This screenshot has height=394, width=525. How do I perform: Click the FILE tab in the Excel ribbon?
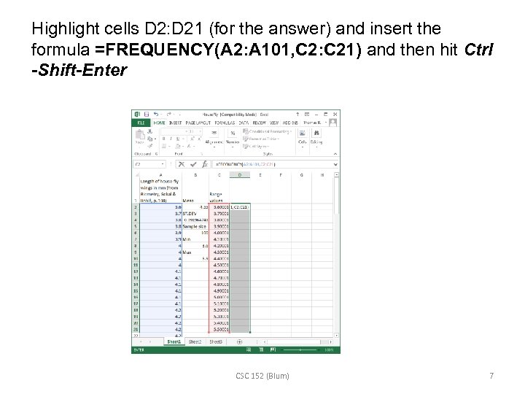click(140, 123)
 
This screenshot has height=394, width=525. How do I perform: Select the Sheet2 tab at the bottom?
click(195, 341)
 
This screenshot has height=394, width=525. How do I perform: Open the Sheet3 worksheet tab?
click(216, 341)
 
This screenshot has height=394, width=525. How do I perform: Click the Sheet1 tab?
click(174, 341)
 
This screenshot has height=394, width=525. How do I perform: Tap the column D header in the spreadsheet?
click(241, 175)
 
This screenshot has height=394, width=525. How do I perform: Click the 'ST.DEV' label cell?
click(191, 213)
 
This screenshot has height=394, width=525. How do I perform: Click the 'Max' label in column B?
click(187, 252)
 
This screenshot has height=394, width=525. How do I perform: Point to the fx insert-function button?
click(207, 164)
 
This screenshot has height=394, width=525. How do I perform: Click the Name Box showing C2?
click(146, 164)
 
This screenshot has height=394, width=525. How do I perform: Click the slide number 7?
click(491, 376)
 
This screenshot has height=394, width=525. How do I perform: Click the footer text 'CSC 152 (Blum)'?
click(262, 376)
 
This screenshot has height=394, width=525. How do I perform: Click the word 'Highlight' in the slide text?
click(62, 29)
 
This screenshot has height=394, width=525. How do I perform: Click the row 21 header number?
click(135, 329)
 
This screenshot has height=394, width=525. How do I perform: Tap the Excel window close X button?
click(335, 114)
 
